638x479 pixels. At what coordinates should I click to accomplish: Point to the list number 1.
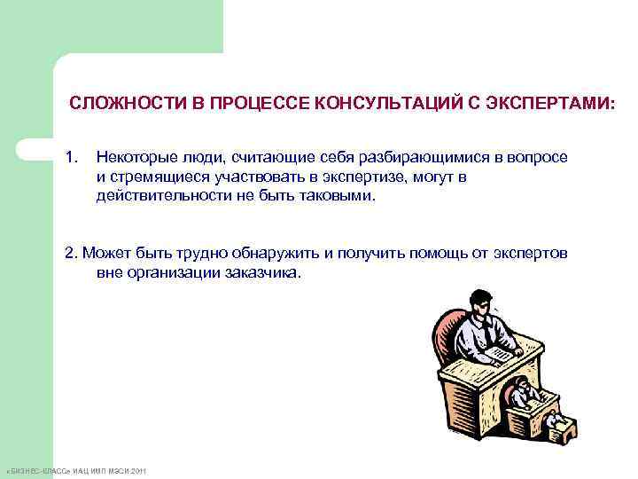point(72,157)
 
